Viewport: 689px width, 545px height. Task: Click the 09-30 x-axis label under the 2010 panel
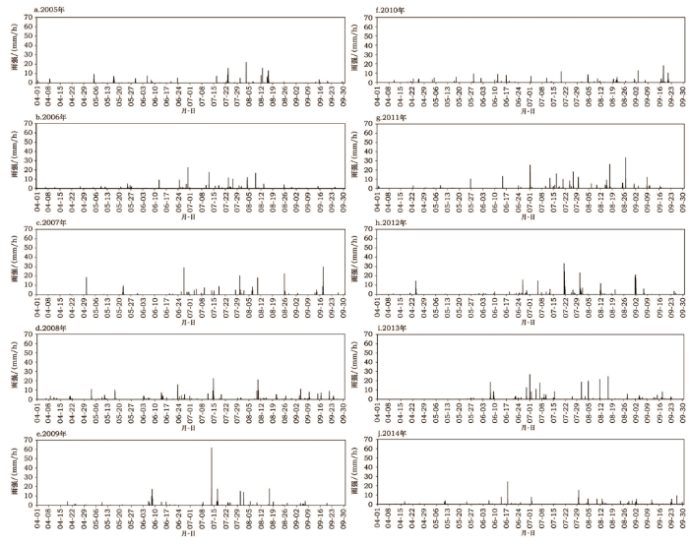tap(682, 96)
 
